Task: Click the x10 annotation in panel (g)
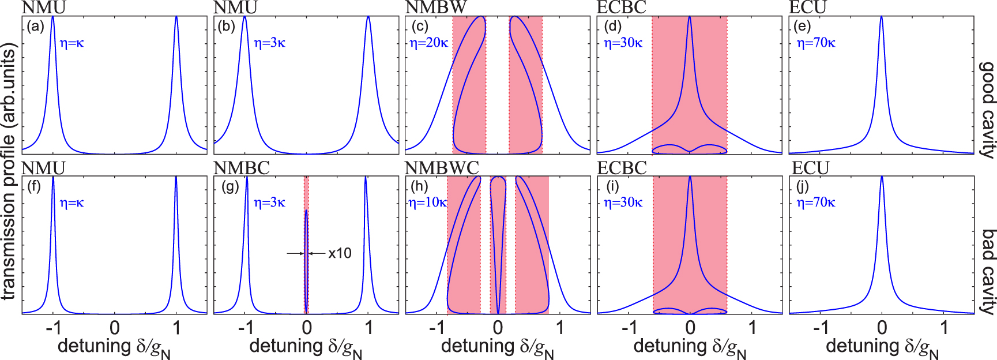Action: click(340, 253)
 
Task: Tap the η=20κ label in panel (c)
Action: click(428, 43)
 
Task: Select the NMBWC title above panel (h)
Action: click(442, 168)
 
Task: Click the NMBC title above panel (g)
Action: click(241, 168)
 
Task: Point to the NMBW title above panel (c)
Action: click(436, 7)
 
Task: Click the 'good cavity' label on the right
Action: click(988, 110)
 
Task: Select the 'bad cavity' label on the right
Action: click(988, 271)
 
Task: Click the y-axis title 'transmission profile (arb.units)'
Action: click(8, 173)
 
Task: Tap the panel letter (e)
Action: click(802, 27)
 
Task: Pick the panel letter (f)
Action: click(34, 187)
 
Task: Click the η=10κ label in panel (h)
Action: click(427, 202)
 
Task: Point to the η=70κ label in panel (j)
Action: click(815, 202)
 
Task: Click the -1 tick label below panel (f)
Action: click(53, 328)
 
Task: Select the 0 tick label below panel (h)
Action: click(498, 328)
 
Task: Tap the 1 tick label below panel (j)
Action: click(943, 328)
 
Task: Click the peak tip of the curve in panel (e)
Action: click(881, 17)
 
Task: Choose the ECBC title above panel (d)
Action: click(622, 7)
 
